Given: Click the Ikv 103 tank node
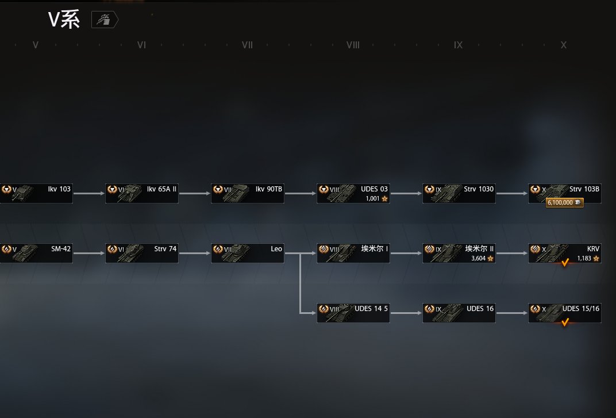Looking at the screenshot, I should tap(36, 194).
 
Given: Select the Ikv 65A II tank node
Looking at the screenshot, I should tap(141, 194).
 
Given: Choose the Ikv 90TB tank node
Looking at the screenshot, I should tap(247, 194).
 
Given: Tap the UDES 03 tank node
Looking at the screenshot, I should tap(353, 194).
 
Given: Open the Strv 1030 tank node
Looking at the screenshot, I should tap(459, 194).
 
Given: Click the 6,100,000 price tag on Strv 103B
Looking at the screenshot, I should tap(565, 203).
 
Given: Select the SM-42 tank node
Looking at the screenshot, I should tap(36, 254).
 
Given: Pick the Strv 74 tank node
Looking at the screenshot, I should tap(141, 254).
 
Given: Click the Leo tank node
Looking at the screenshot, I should tap(247, 254).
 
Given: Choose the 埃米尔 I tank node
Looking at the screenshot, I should tap(353, 254).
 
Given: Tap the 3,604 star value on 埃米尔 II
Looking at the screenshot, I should tap(481, 259).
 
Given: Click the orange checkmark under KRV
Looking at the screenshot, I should tap(565, 263).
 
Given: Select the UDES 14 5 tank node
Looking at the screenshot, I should tap(353, 313).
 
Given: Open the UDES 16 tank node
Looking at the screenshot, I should tap(459, 313).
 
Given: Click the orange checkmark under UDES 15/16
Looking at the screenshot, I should tap(565, 323).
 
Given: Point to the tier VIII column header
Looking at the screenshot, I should tap(353, 45).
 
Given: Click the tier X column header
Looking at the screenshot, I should tap(564, 45).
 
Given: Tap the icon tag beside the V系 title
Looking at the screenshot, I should tap(105, 21).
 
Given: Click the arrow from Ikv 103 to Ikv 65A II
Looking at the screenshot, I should tap(89, 194).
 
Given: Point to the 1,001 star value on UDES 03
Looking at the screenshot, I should tap(376, 199).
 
